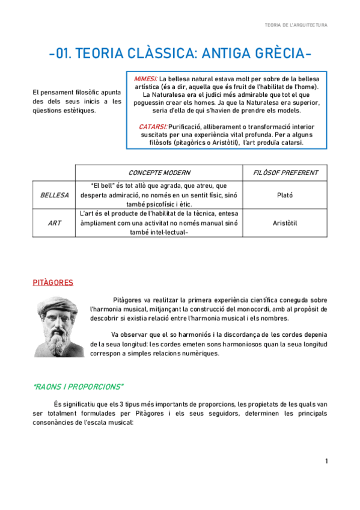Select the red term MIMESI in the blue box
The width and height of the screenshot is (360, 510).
point(146,79)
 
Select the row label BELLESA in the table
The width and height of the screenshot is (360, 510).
point(54,195)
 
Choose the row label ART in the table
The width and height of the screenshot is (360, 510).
point(54,223)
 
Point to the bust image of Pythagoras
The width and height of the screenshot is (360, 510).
point(59,325)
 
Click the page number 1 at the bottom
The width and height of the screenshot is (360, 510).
point(326,461)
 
